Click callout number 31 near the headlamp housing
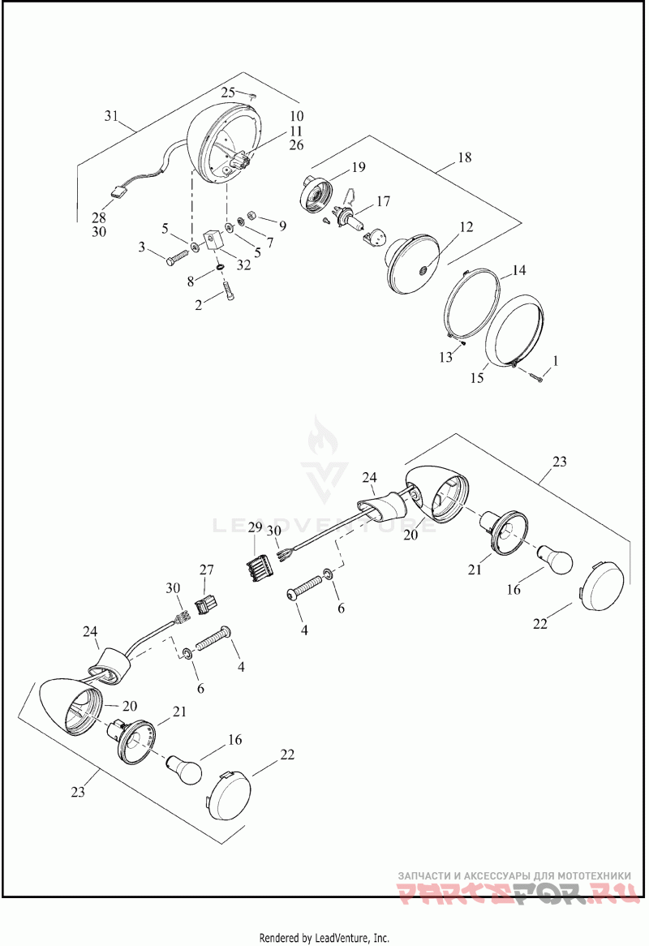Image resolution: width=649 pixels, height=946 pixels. point(111,115)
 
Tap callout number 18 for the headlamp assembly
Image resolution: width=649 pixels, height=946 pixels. point(464,157)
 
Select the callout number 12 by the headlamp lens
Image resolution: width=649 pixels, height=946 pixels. point(466,227)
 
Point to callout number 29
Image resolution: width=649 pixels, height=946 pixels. point(255,527)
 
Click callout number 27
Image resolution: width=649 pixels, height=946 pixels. point(206,570)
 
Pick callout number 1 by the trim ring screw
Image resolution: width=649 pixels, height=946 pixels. point(556,361)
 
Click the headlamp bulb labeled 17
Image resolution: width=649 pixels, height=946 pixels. point(348,217)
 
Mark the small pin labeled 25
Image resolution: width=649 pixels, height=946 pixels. point(253,95)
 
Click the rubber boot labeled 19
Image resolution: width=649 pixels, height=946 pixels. point(316,193)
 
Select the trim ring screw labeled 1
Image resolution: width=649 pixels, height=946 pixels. point(535,378)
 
